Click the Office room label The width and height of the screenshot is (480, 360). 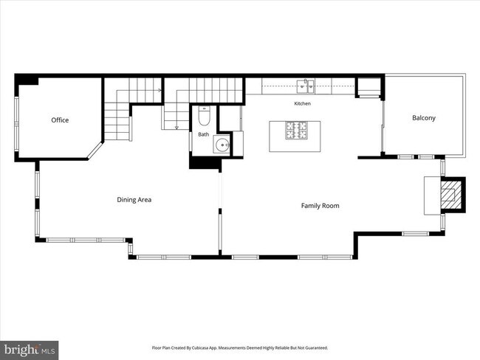(x=60, y=120)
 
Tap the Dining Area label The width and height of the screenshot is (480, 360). (x=134, y=200)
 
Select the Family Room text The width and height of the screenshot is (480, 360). (x=320, y=206)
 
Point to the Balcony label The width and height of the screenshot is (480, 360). (x=424, y=118)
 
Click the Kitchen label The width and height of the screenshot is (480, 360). (x=303, y=104)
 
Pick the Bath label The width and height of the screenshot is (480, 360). (x=204, y=134)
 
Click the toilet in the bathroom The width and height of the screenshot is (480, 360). (x=204, y=116)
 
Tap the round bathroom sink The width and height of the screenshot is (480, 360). (x=222, y=145)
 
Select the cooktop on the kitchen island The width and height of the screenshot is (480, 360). (x=296, y=131)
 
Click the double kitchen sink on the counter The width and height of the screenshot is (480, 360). (x=306, y=86)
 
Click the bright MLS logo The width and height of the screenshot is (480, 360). (x=30, y=350)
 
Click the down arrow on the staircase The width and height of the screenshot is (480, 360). (x=176, y=128)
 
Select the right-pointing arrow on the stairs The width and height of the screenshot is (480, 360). (x=160, y=90)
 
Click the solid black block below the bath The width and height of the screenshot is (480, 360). (x=205, y=162)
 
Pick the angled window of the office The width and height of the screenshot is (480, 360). (x=95, y=150)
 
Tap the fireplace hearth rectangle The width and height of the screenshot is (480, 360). (x=432, y=195)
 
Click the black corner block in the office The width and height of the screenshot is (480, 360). (x=27, y=80)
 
